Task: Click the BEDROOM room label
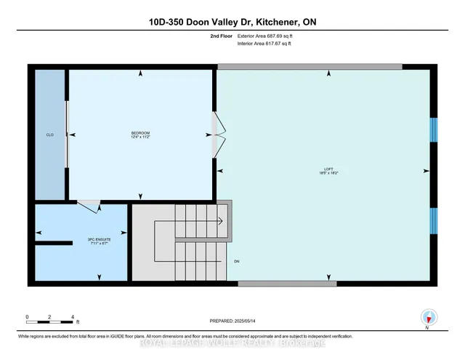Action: click(140, 132)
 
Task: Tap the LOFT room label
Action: click(328, 169)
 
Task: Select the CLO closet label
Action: click(49, 135)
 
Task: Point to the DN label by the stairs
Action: click(236, 261)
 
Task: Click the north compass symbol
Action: click(429, 317)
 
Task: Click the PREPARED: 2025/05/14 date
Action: click(232, 320)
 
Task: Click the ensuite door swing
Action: click(89, 207)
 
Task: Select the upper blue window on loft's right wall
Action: click(433, 129)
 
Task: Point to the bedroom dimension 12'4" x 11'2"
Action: click(140, 137)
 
